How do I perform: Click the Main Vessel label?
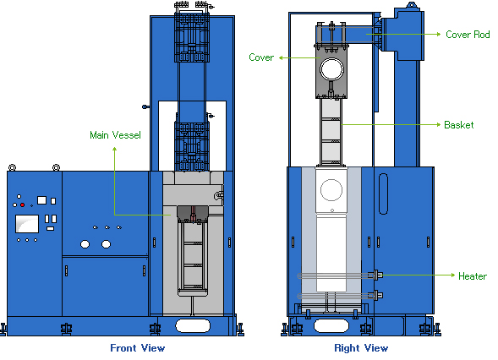tap(115, 135)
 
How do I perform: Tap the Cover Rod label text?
tap(468, 35)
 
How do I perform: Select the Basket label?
tap(458, 125)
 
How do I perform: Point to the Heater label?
tap(473, 275)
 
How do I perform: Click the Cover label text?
tap(261, 57)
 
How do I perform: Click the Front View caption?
tap(138, 348)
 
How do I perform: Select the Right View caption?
tap(361, 348)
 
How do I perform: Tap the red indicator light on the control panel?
tap(23, 205)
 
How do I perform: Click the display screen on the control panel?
tap(27, 224)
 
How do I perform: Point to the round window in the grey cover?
tap(332, 69)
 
